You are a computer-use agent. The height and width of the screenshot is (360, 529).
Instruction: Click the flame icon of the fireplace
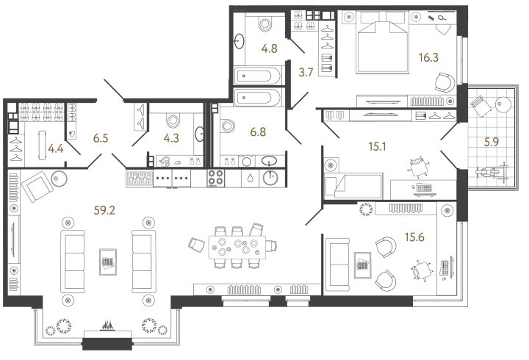coord(107,326)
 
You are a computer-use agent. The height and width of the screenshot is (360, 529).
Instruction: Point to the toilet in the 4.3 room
coord(174,120)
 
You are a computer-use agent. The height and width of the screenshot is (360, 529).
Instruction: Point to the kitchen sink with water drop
coord(250,177)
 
